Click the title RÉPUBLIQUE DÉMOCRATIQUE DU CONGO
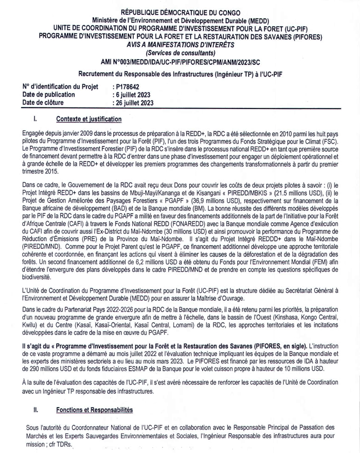click(x=179, y=11)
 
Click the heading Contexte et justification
click(x=88, y=120)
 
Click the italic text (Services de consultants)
click(x=179, y=53)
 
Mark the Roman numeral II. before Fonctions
click(x=36, y=411)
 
